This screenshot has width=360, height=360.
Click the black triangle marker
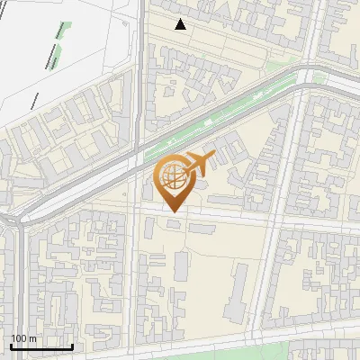(181, 24)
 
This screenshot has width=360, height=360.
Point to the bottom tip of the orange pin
(172, 212)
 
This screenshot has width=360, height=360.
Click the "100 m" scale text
(23, 338)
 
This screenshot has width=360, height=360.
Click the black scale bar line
(41, 346)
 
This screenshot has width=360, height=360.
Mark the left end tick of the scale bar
(11, 346)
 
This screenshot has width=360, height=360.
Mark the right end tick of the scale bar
(72, 346)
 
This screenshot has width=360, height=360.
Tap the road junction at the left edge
(11, 220)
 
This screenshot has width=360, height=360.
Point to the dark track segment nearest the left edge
(34, 99)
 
